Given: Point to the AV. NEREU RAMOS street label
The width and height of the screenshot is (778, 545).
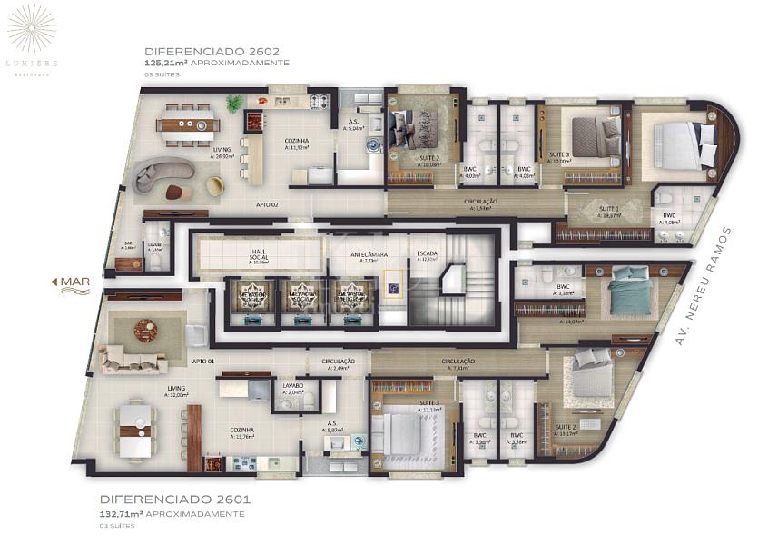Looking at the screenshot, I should (x=704, y=285).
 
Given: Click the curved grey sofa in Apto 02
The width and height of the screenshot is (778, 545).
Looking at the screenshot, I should (x=164, y=173).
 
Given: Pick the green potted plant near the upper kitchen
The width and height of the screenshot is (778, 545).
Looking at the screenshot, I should (x=235, y=104).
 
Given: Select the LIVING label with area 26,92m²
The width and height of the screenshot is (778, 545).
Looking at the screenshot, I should (x=222, y=152).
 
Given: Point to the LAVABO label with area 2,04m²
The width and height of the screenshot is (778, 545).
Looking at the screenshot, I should (x=293, y=388).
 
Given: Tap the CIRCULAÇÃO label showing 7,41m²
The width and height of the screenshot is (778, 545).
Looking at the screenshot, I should (x=458, y=363).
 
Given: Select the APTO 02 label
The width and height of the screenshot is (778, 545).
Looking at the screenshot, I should (x=267, y=204).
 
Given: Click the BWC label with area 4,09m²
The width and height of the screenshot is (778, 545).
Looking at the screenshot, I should (x=669, y=217).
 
